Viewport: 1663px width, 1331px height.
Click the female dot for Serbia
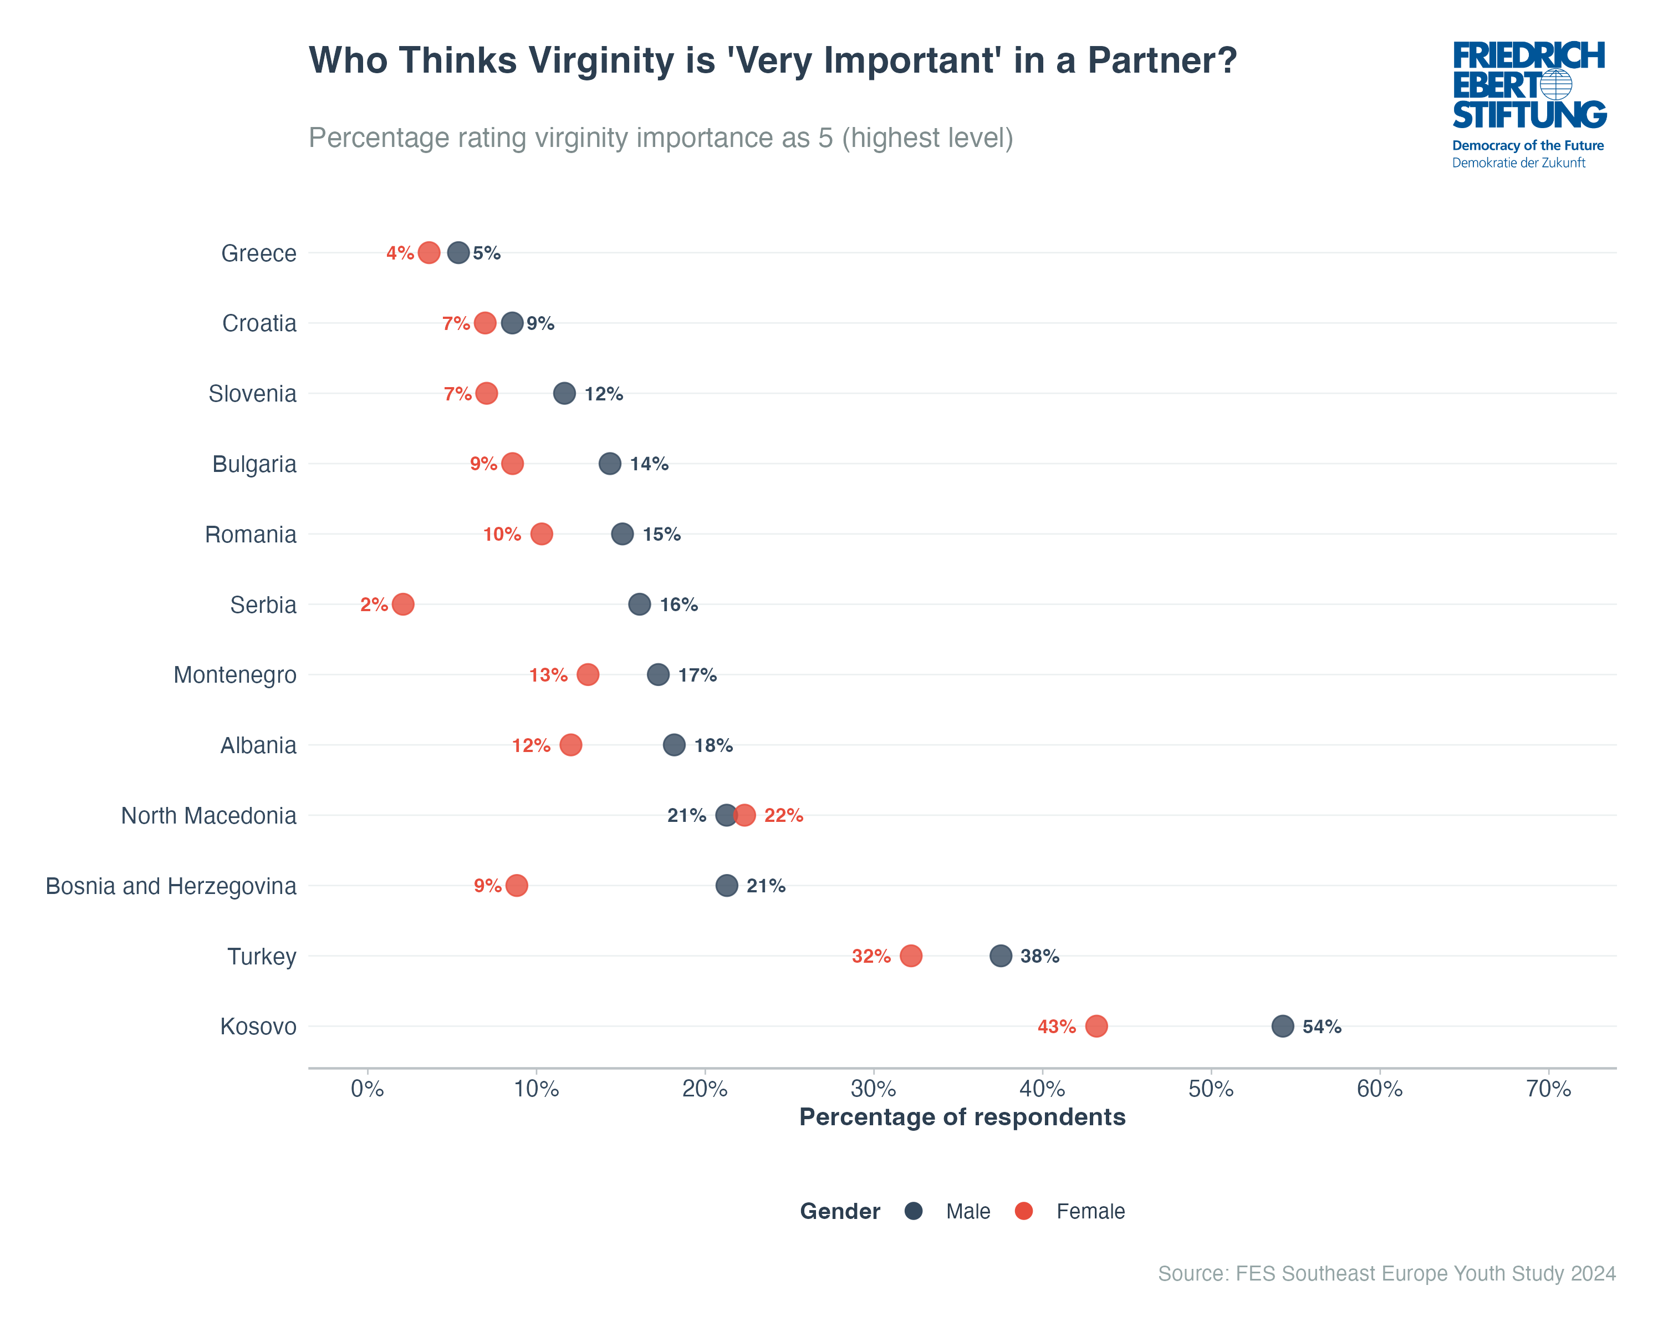[x=402, y=604]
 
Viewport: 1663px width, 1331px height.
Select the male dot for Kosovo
[x=1282, y=1026]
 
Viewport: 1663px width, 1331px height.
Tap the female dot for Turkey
[x=911, y=956]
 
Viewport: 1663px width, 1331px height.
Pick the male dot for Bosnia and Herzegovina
[x=727, y=886]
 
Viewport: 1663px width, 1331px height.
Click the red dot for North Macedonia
[x=744, y=816]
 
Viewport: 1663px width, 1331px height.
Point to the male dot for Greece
[x=458, y=252]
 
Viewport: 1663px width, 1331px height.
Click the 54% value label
[x=1322, y=1027]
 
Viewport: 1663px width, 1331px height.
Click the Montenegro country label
[x=234, y=675]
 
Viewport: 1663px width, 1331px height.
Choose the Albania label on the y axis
[x=258, y=745]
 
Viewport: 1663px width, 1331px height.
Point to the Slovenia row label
[x=252, y=394]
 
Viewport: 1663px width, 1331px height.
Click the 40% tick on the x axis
[x=1042, y=1089]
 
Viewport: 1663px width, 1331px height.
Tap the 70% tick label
[x=1548, y=1089]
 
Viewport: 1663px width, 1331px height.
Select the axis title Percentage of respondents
[x=962, y=1117]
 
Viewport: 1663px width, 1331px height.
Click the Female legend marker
[x=1023, y=1211]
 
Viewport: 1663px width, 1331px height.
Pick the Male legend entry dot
[x=913, y=1211]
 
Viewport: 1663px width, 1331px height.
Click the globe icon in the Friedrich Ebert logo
[x=1556, y=84]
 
